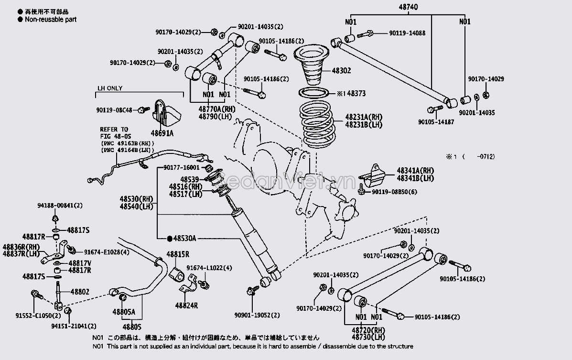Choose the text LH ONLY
click(x=110, y=88)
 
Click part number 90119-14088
click(x=407, y=33)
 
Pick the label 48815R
click(x=178, y=254)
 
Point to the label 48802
click(x=80, y=291)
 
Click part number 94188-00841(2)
click(x=60, y=206)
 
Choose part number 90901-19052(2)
click(x=257, y=316)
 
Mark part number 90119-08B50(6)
click(x=390, y=192)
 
